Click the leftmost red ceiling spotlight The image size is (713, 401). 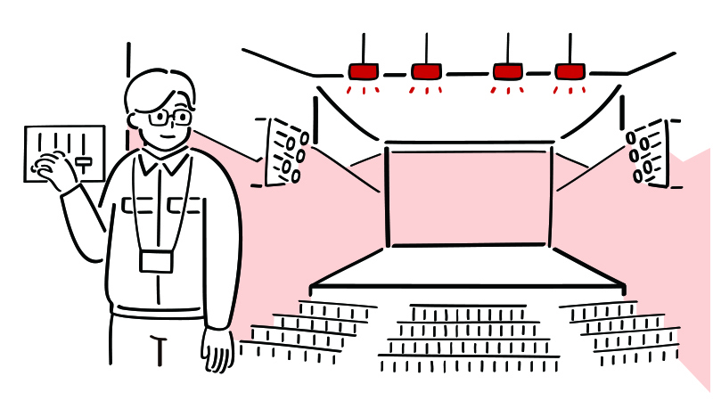pos(363,71)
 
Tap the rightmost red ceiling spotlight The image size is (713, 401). pos(569,71)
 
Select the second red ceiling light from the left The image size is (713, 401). pos(426,71)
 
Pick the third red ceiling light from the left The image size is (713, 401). pos(507,71)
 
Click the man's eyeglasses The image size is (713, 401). pos(168,117)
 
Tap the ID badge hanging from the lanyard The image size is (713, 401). pos(156,261)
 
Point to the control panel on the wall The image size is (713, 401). pos(64,153)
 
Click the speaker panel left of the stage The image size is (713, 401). pos(284,151)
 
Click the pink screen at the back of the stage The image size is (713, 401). pos(469,196)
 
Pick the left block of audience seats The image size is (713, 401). pos(307,330)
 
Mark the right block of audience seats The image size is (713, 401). pos(624,331)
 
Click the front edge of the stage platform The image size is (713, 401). pos(467,287)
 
